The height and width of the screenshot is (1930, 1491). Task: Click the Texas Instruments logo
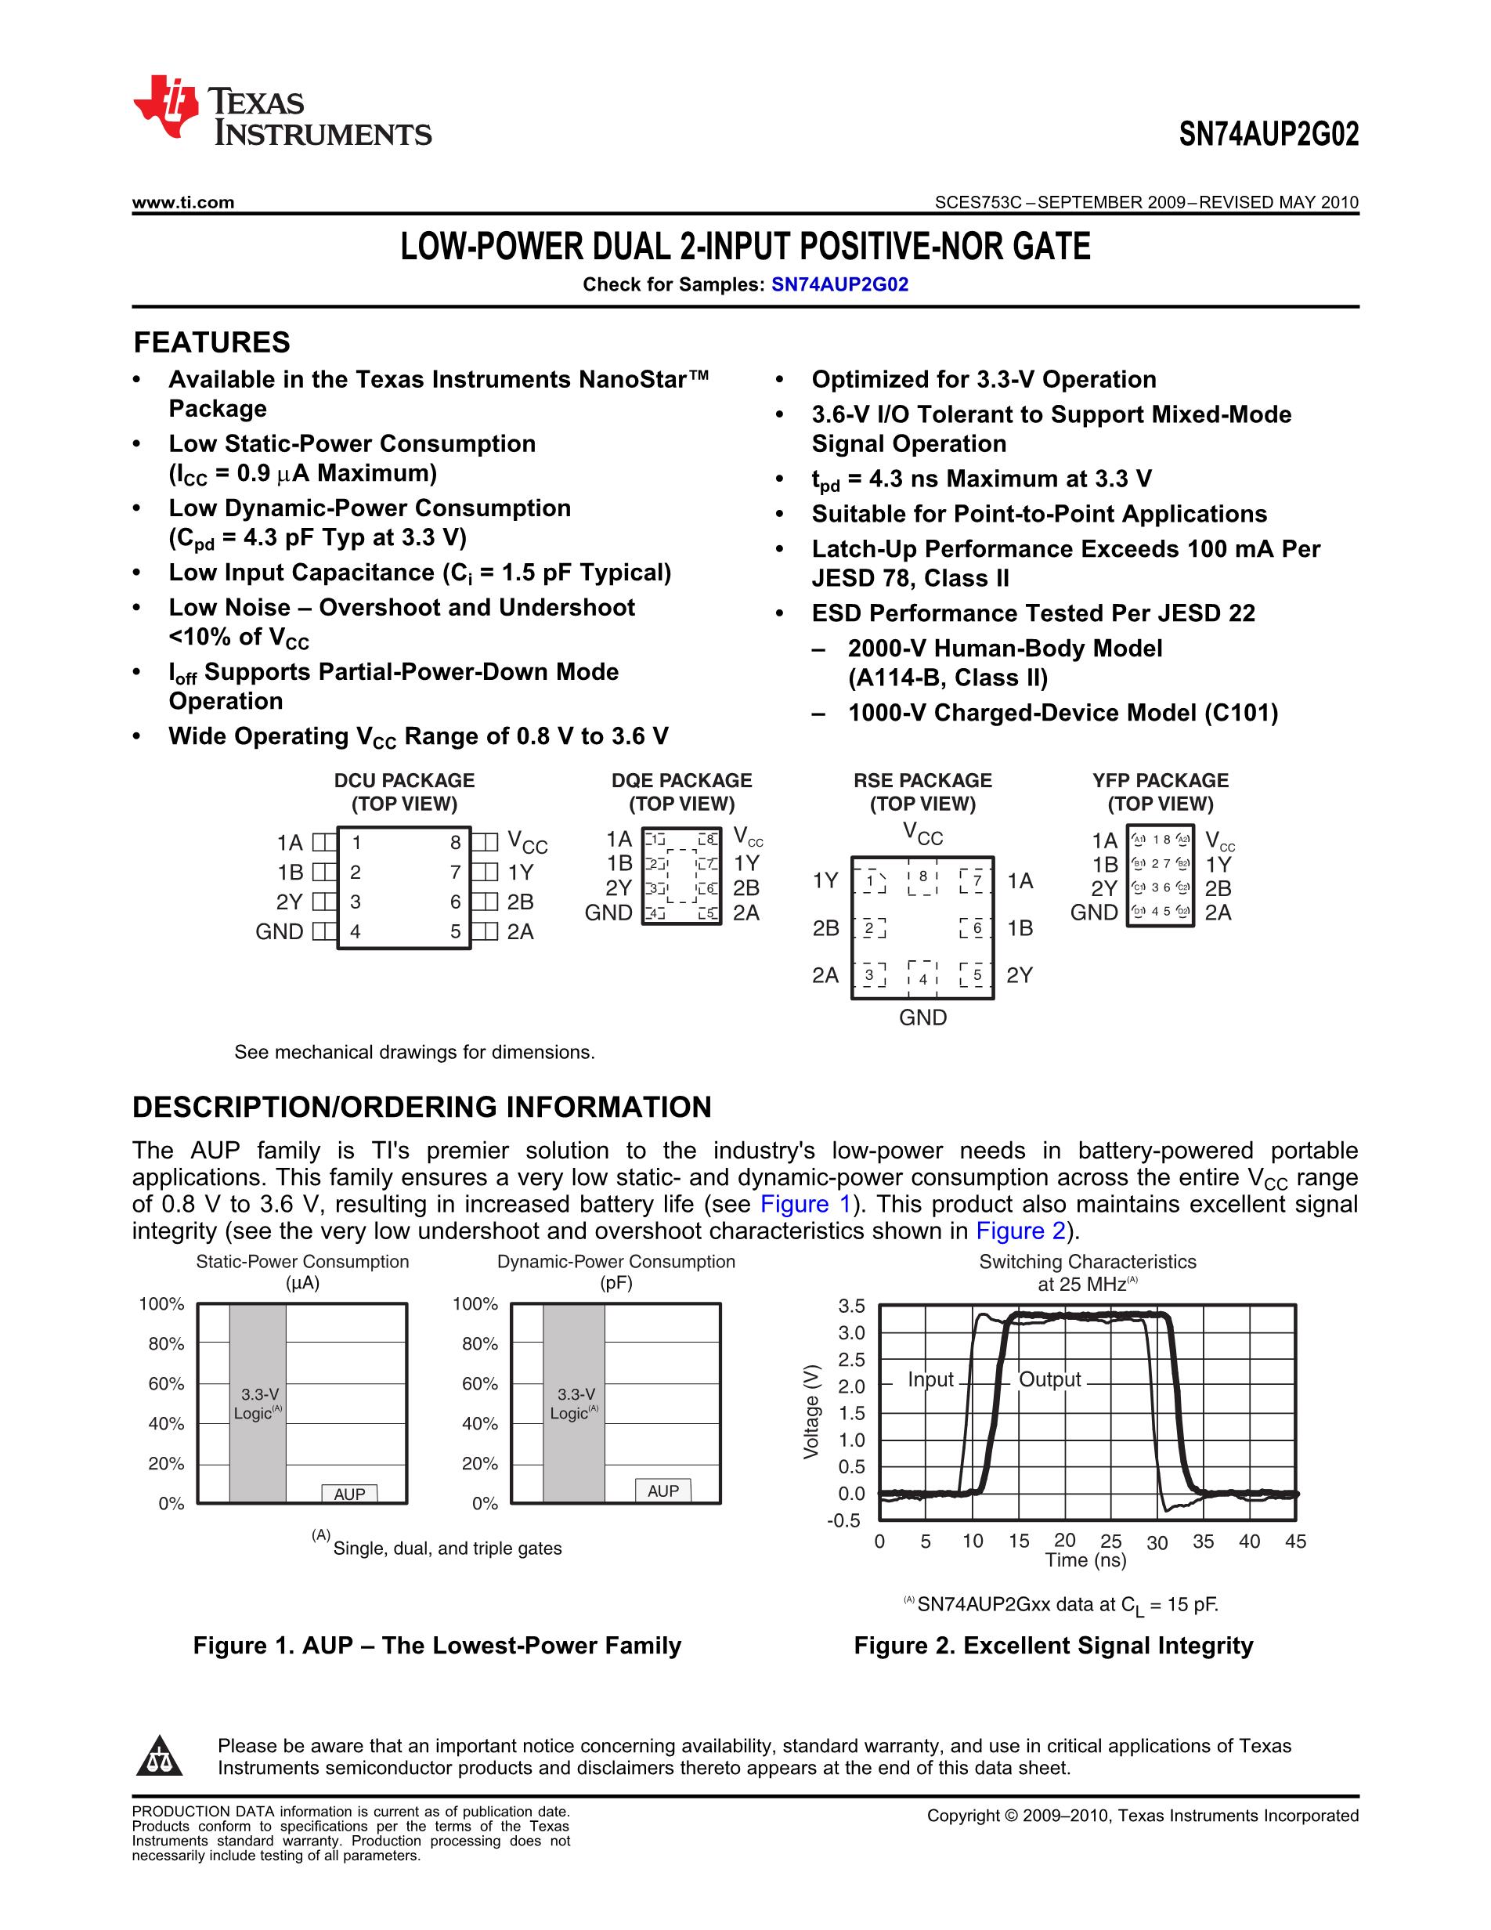281,110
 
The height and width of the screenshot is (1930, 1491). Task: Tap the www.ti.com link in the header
182,202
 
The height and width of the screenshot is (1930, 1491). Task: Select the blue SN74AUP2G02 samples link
839,284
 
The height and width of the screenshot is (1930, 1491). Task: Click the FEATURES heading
212,342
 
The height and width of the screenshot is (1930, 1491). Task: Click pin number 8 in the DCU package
455,843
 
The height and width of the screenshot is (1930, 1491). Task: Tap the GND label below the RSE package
922,1017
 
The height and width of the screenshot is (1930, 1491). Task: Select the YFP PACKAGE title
1160,780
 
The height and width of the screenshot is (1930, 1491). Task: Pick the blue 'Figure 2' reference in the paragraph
1020,1231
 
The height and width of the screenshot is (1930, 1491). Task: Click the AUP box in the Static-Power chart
349,1494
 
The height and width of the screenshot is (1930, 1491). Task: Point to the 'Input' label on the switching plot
930,1379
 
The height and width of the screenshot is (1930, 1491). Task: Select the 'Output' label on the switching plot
1049,1379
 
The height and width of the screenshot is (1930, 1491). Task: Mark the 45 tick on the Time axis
1295,1541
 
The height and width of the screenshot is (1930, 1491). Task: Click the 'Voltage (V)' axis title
810,1412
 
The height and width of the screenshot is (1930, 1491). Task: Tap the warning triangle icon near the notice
159,1756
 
